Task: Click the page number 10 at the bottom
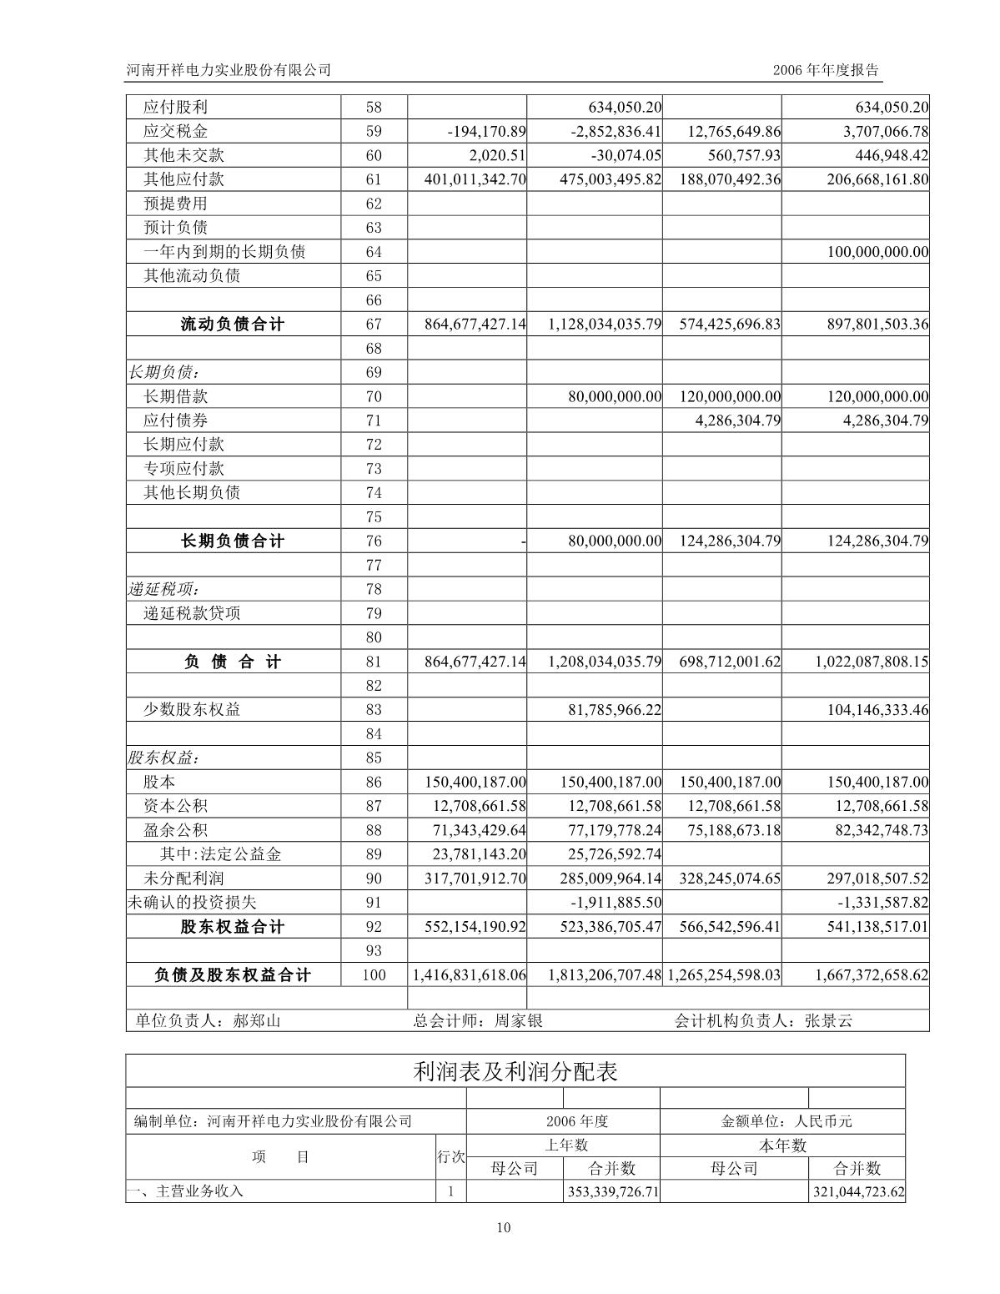pos(503,1226)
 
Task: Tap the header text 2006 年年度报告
pos(826,70)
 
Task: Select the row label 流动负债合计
pos(232,325)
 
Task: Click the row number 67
pos(374,325)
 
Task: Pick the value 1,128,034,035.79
pos(605,325)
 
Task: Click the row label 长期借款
pos(175,396)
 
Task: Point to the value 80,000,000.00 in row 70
pos(615,396)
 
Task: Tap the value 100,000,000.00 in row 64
pos(877,252)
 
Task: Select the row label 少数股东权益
pos(192,710)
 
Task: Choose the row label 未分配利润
pos(183,879)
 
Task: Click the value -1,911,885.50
pos(616,903)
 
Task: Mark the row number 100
pos(374,975)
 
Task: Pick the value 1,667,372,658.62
pos(872,975)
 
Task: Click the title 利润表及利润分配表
pos(515,1071)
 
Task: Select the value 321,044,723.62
pos(858,1191)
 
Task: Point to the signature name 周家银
pos(518,1020)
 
